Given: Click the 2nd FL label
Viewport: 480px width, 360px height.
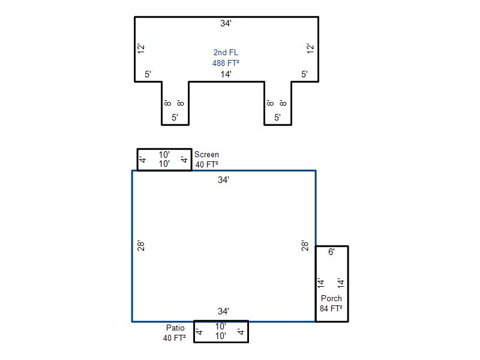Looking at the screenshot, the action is tap(226, 52).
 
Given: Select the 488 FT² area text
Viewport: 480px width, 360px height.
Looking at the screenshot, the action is tap(226, 63).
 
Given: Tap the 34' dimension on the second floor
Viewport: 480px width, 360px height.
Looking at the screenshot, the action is tap(226, 23).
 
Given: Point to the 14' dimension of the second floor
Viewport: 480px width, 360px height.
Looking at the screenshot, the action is tap(226, 74).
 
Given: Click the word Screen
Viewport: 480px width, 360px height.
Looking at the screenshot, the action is tap(206, 155).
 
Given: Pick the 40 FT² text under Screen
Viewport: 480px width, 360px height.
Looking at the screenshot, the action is tap(206, 164).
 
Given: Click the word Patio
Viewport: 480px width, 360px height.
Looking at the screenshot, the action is tap(175, 328).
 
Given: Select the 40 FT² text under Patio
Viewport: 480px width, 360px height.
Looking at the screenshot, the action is tap(175, 338).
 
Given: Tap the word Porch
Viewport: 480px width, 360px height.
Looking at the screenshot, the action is tap(331, 298).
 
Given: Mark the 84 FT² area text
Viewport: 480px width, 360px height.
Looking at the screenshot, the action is tap(331, 308).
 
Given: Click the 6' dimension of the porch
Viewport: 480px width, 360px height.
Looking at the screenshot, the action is tap(331, 252).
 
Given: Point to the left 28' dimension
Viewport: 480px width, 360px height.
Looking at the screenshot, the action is tap(141, 246).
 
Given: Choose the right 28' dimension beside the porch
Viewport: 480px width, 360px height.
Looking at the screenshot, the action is tap(305, 246).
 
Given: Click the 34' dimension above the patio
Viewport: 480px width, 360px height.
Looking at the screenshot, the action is tap(223, 311).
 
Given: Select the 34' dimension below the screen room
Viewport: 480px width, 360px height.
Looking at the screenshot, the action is tap(223, 179).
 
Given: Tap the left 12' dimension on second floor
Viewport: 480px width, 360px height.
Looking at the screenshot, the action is tap(141, 49).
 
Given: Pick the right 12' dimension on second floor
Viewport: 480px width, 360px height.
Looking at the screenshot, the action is tap(310, 49).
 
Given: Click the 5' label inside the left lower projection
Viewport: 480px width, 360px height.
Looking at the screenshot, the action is tap(175, 118).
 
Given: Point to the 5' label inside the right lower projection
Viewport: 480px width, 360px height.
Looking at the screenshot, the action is tap(277, 118).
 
